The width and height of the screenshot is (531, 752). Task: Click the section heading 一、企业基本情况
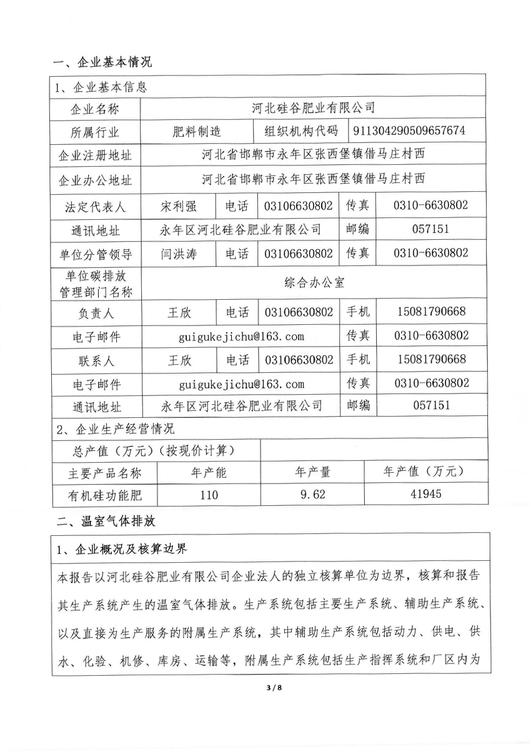pyautogui.click(x=102, y=62)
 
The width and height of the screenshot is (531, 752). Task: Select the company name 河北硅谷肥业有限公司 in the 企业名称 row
pyautogui.click(x=313, y=108)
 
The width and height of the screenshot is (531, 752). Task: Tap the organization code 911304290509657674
pyautogui.click(x=409, y=131)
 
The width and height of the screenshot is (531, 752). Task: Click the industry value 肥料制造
pyautogui.click(x=197, y=131)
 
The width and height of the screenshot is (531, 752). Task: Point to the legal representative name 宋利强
pyautogui.click(x=179, y=205)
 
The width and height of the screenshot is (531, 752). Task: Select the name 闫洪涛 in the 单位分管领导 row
pyautogui.click(x=179, y=254)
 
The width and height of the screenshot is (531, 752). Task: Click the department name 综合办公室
pyautogui.click(x=313, y=282)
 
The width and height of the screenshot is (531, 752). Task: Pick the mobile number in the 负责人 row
pyautogui.click(x=431, y=311)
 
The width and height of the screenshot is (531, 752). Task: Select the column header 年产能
pyautogui.click(x=208, y=472)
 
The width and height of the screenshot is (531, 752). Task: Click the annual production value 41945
pyautogui.click(x=426, y=495)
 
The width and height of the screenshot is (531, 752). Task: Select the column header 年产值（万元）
pyautogui.click(x=425, y=472)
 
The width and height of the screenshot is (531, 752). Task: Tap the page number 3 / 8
pyautogui.click(x=266, y=688)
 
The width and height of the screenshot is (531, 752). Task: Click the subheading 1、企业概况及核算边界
pyautogui.click(x=122, y=550)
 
